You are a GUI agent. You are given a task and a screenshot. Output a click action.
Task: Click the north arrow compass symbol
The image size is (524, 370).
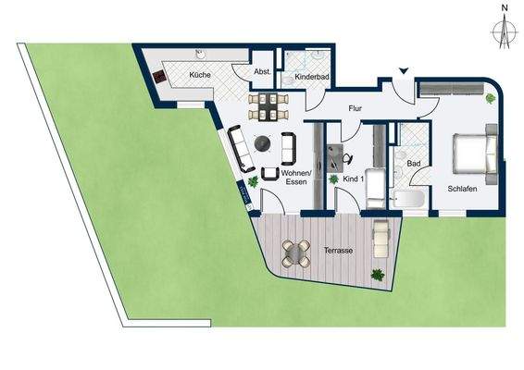pos(504,28)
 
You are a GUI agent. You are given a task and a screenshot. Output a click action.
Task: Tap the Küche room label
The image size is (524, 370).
pos(198,74)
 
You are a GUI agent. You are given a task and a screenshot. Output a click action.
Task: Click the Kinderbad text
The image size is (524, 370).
pos(308,78)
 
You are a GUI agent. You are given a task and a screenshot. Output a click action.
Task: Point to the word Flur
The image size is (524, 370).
pos(355,109)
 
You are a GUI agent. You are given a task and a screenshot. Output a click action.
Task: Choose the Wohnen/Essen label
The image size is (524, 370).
pos(295,177)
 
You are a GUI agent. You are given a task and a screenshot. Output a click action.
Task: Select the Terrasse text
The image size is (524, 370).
pos(325,249)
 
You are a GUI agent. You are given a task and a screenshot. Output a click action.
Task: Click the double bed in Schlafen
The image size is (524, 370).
pos(473,154)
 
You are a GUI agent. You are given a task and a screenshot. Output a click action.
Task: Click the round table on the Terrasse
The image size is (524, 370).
pos(294,252)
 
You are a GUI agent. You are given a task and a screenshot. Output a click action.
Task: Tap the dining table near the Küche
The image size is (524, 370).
pos(268,106)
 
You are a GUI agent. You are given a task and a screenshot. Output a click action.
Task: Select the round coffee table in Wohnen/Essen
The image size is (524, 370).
pos(264,143)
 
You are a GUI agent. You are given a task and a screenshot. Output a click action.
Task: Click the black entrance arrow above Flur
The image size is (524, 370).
pos(403,71)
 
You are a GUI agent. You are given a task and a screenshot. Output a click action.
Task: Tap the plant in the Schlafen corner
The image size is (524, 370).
pos(490,96)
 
